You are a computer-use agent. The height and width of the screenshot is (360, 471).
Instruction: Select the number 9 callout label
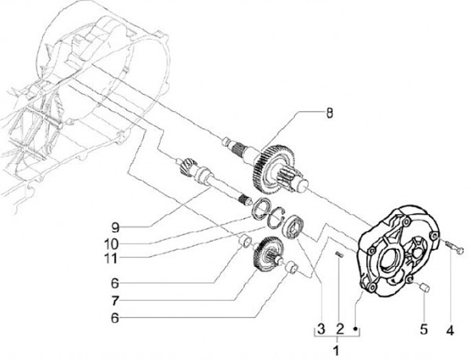(x=115, y=229)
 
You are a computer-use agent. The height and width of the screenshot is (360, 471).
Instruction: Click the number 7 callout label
(x=114, y=302)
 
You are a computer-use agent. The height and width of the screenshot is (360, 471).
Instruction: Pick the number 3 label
(x=321, y=327)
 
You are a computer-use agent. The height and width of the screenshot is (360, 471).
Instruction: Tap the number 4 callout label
(x=449, y=328)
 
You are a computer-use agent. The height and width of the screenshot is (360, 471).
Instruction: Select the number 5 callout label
(x=425, y=328)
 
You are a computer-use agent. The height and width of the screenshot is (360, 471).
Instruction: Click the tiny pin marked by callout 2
(x=338, y=256)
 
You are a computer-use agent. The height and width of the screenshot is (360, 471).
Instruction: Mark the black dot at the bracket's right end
(x=356, y=327)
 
